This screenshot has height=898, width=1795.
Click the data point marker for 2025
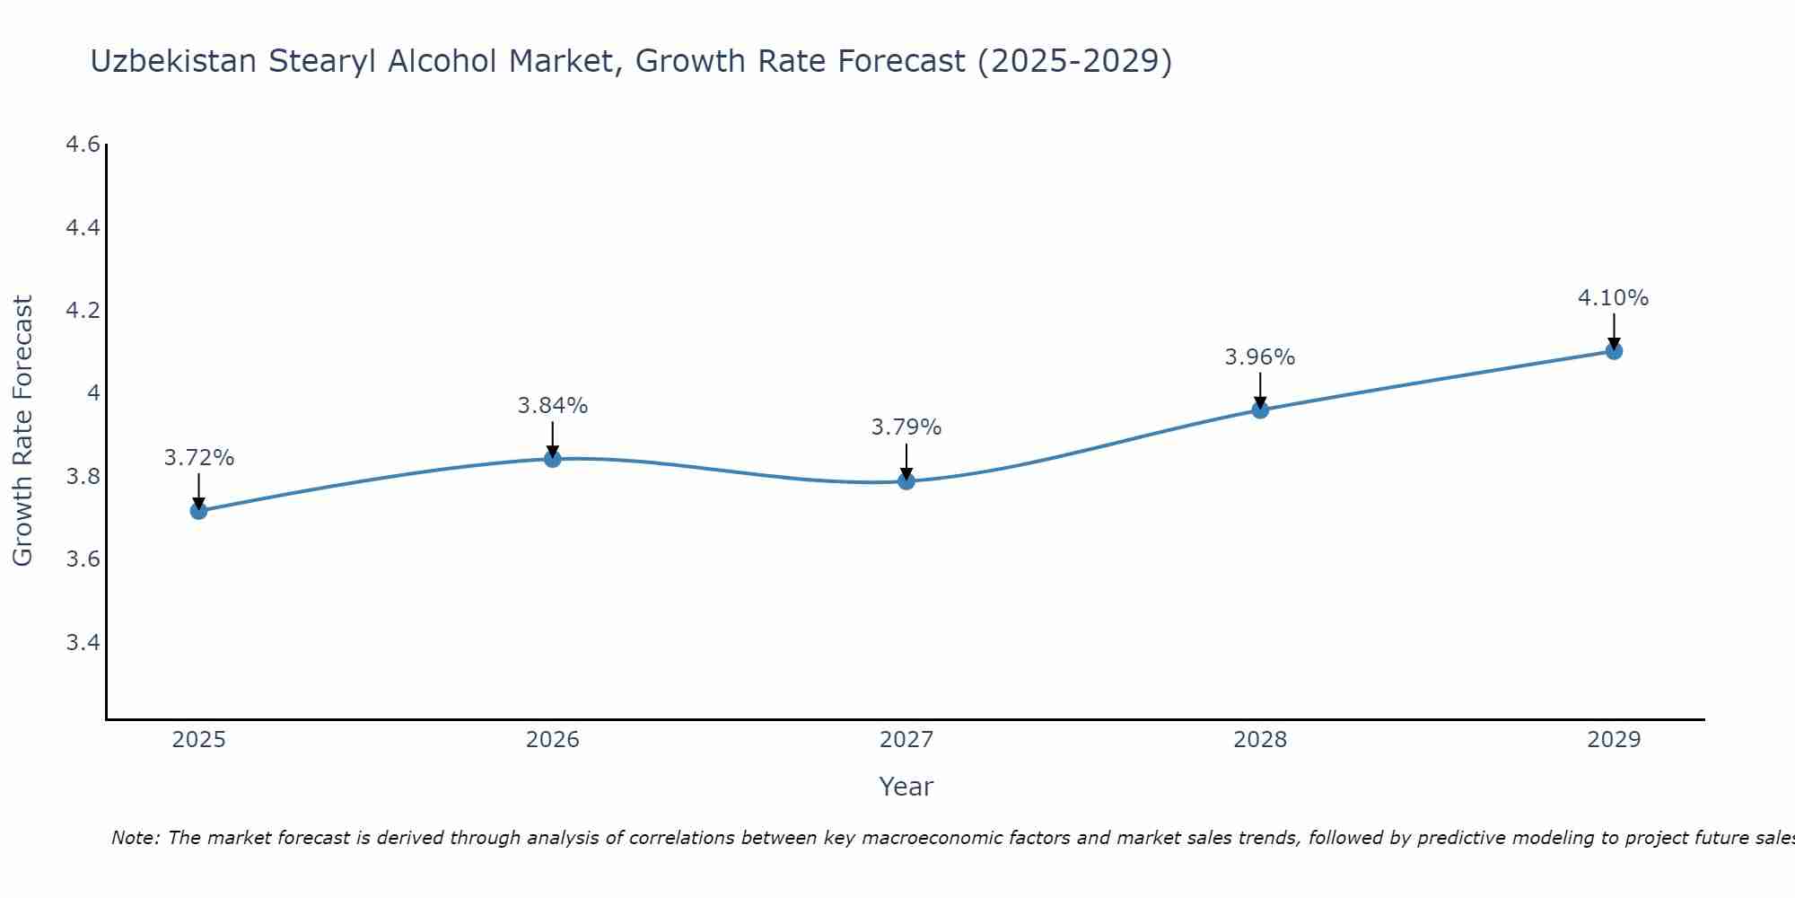pyautogui.click(x=198, y=511)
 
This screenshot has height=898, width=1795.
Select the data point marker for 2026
pyautogui.click(x=553, y=459)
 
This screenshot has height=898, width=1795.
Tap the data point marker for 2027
pyautogui.click(x=906, y=481)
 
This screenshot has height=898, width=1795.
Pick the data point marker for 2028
pyautogui.click(x=1260, y=410)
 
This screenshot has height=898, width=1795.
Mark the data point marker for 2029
pyautogui.click(x=1614, y=351)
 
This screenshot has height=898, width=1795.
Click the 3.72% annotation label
pyautogui.click(x=198, y=458)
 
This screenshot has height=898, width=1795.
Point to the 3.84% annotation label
pyautogui.click(x=553, y=406)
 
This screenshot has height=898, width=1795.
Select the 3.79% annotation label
pyautogui.click(x=906, y=427)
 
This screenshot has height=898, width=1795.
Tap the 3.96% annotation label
pyautogui.click(x=1260, y=357)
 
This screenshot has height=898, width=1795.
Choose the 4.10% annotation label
pyautogui.click(x=1614, y=298)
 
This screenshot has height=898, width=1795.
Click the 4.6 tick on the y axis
pyautogui.click(x=83, y=145)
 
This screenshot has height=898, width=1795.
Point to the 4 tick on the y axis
pyautogui.click(x=92, y=393)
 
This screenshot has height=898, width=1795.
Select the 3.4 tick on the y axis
pyautogui.click(x=83, y=642)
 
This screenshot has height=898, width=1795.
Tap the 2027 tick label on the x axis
pyautogui.click(x=906, y=740)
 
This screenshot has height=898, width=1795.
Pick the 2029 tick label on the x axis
pyautogui.click(x=1614, y=740)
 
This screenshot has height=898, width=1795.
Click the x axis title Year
pyautogui.click(x=906, y=787)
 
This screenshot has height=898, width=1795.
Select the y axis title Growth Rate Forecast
pyautogui.click(x=22, y=431)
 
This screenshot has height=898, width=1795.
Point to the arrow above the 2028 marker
pyautogui.click(x=1260, y=391)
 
